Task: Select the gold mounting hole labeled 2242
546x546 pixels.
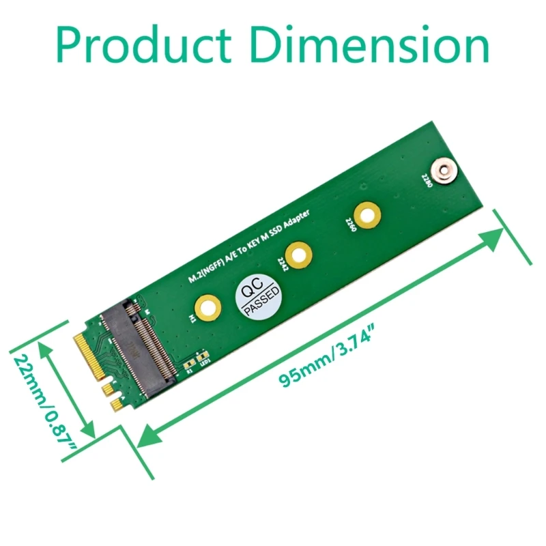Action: point(298,256)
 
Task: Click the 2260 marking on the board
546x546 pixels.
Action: point(351,225)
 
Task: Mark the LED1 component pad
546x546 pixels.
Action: point(202,358)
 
